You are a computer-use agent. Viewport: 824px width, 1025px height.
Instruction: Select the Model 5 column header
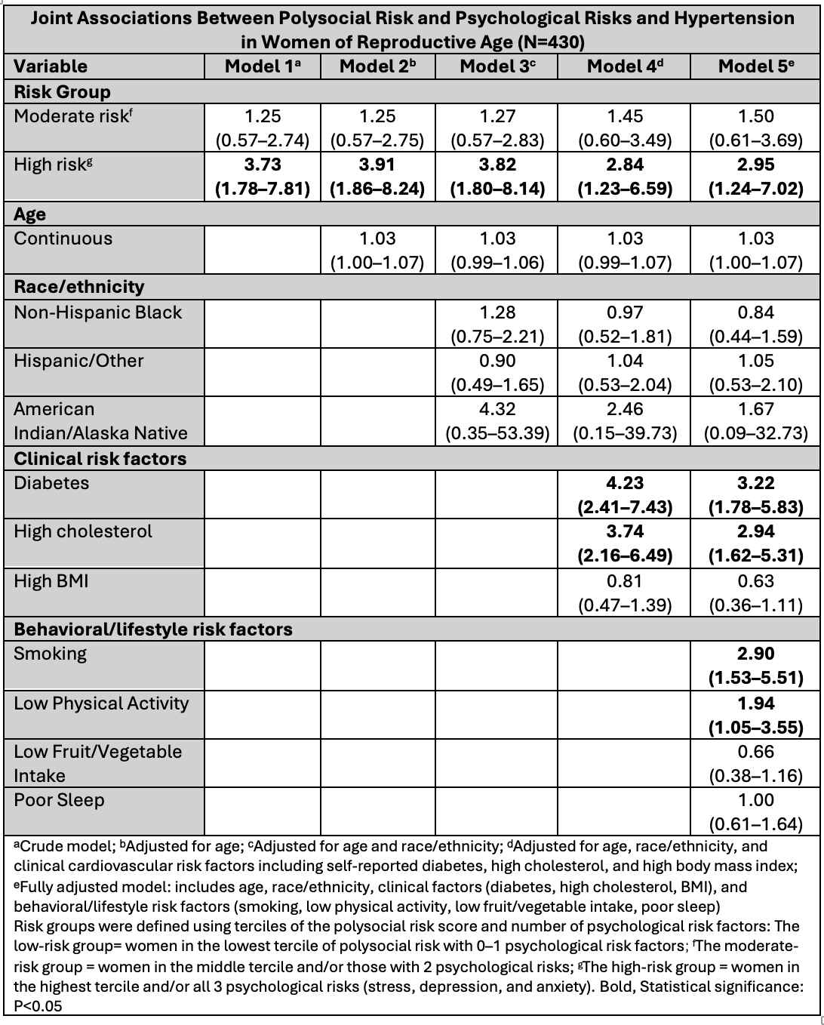pos(756,66)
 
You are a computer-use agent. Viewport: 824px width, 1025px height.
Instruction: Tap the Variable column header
pos(51,66)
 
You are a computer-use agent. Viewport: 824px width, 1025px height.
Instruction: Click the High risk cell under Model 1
pos(263,177)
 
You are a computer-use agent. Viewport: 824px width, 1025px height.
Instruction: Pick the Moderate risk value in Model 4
pos(624,128)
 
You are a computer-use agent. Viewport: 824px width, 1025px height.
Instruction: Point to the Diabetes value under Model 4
pos(624,495)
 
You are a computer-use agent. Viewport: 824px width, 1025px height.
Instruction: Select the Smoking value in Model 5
pos(756,666)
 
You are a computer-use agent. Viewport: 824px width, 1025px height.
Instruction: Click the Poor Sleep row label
pos(59,800)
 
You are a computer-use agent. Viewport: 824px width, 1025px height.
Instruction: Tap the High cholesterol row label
pos(83,531)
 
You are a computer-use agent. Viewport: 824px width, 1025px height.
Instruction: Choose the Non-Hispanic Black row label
pos(98,312)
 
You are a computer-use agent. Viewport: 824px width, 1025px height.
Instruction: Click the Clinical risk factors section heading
pos(100,459)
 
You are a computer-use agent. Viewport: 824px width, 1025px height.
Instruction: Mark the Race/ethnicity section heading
pos(78,287)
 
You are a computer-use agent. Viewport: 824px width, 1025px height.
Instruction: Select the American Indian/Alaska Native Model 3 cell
pos(497,421)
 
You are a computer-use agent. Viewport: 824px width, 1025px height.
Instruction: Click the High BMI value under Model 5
pos(756,593)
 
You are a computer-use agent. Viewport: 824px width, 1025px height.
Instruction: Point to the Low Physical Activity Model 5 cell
pos(756,716)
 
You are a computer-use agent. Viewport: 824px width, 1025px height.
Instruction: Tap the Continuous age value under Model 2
pos(378,251)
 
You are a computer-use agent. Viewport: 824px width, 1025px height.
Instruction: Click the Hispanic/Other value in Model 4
pos(624,373)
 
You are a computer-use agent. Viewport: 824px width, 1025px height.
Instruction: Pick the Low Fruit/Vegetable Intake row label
pos(98,763)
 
